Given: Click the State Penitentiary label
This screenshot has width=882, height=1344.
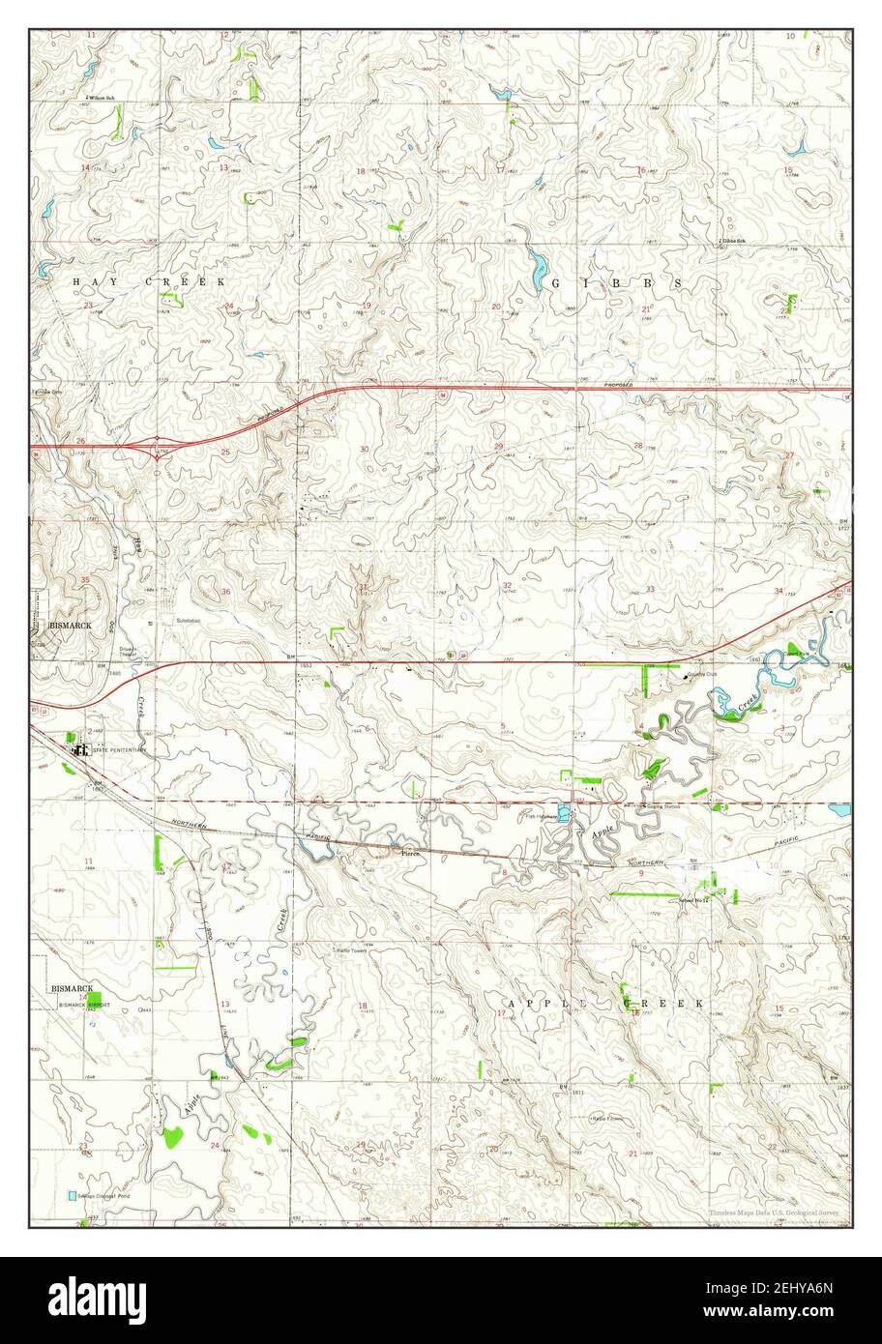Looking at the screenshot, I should point(120,749).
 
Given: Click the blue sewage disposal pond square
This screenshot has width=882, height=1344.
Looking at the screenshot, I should point(72,1196).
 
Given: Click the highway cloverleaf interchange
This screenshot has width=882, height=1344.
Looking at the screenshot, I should point(157,446).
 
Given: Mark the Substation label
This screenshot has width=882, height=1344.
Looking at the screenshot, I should point(190,620).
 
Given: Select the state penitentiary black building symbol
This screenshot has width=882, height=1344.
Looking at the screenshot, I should point(76,747).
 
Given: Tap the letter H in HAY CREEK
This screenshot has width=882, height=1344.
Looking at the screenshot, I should point(77,281).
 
